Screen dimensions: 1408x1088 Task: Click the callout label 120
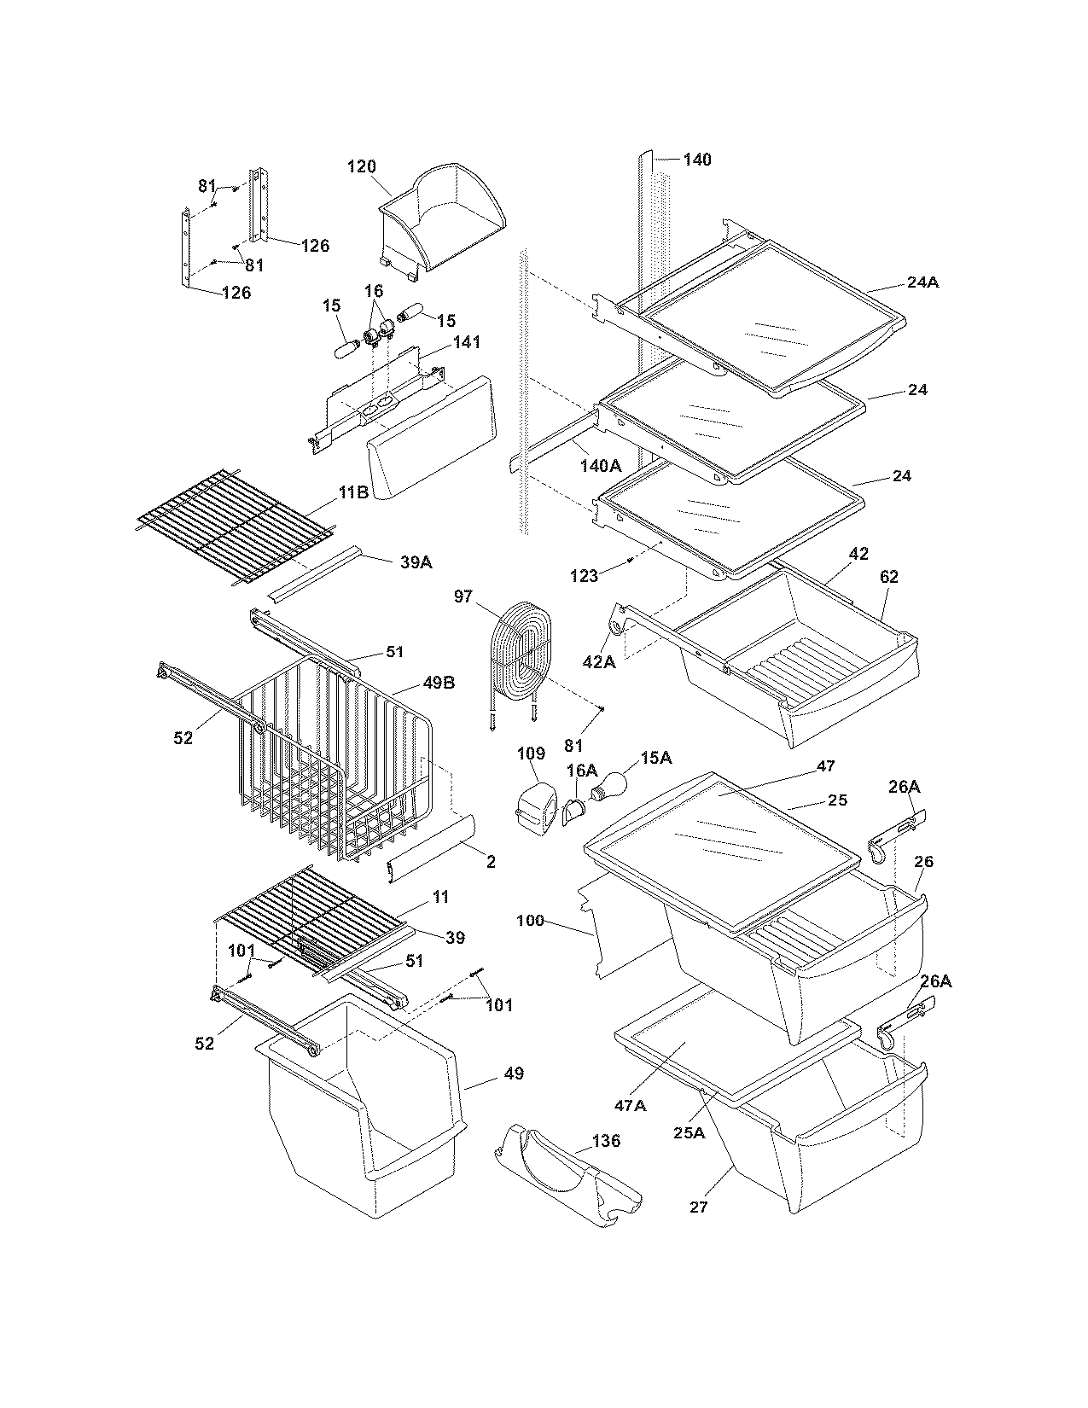pyautogui.click(x=361, y=167)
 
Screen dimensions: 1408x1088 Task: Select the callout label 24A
pyautogui.click(x=922, y=282)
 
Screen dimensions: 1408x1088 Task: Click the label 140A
pyautogui.click(x=601, y=465)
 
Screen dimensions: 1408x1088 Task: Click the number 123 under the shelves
pyautogui.click(x=584, y=576)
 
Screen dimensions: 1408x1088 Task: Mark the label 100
pyautogui.click(x=530, y=921)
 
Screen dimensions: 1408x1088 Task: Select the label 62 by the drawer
pyautogui.click(x=888, y=577)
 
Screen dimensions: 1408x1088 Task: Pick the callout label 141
pyautogui.click(x=466, y=342)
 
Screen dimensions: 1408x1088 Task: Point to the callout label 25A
pyautogui.click(x=688, y=1132)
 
